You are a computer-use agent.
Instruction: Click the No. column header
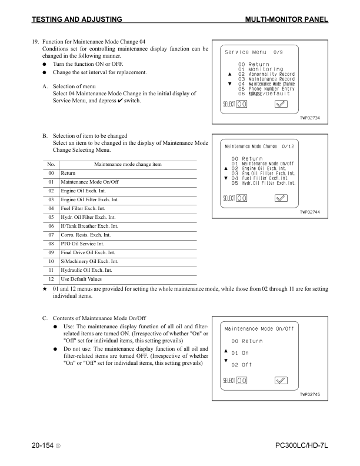point(51,164)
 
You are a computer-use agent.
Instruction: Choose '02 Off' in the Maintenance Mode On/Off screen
point(240,365)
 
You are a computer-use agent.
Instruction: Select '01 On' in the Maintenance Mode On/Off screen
point(240,353)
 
